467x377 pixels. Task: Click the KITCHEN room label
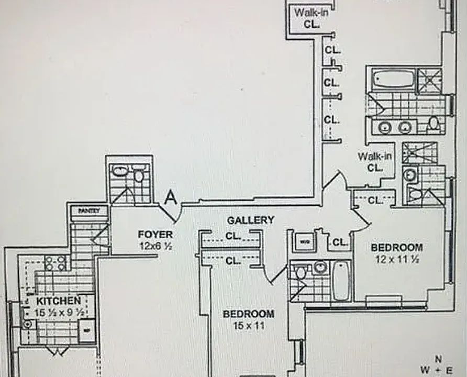pyautogui.click(x=58, y=301)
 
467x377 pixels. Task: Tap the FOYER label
pyautogui.click(x=155, y=234)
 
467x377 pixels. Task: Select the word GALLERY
pyautogui.click(x=250, y=220)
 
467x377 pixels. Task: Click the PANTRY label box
pyautogui.click(x=88, y=210)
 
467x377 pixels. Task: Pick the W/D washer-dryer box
pyautogui.click(x=304, y=242)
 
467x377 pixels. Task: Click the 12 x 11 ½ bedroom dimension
pyautogui.click(x=396, y=258)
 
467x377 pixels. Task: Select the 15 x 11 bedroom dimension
pyautogui.click(x=248, y=325)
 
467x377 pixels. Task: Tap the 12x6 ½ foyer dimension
pyautogui.click(x=155, y=245)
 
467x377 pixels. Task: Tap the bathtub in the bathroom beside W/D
pyautogui.click(x=341, y=280)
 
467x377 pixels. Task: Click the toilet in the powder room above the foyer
pyautogui.click(x=139, y=175)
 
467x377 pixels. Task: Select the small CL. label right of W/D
pyautogui.click(x=340, y=242)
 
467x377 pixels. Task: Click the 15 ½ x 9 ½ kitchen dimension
pyautogui.click(x=58, y=313)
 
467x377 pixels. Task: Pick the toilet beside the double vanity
pyautogui.click(x=433, y=124)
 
